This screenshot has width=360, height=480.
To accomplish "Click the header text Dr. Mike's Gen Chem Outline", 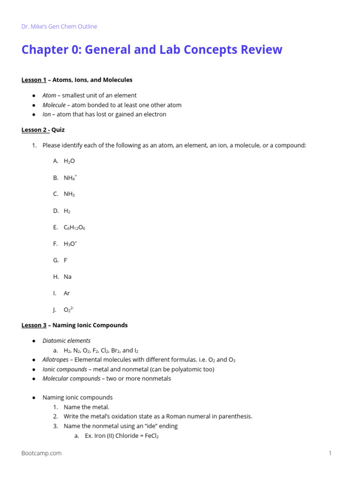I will (x=59, y=27).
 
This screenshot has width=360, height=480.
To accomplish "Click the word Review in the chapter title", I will (x=260, y=50).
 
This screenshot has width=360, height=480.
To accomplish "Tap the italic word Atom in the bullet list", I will (x=49, y=96).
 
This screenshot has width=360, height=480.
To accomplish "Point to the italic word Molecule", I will (x=54, y=105).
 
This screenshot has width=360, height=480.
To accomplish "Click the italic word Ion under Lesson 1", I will (x=46, y=114).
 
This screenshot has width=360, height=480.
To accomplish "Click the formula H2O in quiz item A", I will (x=69, y=161).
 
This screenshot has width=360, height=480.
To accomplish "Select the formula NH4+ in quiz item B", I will (x=70, y=178).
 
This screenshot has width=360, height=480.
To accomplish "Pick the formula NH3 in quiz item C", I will (x=69, y=195).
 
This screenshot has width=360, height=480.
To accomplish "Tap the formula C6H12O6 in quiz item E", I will (x=74, y=227).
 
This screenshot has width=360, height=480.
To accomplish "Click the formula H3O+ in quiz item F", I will (x=70, y=244).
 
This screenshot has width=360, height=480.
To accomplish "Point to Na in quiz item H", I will (x=67, y=277).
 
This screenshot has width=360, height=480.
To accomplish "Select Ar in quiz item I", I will (x=67, y=293).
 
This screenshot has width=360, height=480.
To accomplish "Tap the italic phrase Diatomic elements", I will (x=67, y=341).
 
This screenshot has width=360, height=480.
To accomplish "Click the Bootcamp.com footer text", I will (x=41, y=453).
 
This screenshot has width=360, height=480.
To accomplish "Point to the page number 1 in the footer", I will (x=330, y=453).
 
